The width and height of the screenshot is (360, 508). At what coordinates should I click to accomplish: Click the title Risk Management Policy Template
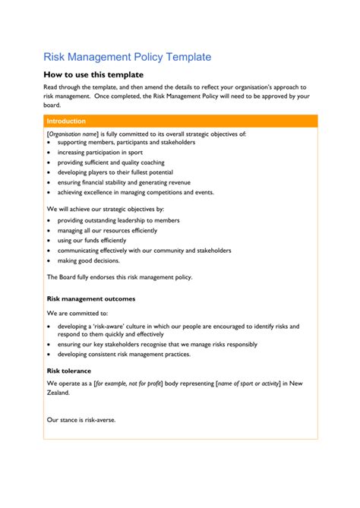click(x=127, y=57)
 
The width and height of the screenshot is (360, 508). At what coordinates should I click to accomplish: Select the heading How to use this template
click(x=93, y=74)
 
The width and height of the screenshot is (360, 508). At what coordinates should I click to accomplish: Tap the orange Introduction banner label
click(x=66, y=121)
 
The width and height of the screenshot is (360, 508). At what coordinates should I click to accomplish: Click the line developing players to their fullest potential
click(x=115, y=172)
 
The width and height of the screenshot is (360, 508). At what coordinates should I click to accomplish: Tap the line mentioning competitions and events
click(x=135, y=192)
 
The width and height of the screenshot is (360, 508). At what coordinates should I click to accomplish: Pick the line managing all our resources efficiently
click(x=107, y=230)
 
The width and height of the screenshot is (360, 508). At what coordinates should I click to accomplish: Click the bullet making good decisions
click(x=88, y=260)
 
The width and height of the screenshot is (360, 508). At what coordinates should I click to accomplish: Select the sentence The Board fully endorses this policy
click(x=119, y=277)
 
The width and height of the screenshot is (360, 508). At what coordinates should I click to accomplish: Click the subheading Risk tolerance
click(x=69, y=371)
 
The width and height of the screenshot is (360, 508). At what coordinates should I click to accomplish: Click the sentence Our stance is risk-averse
click(x=81, y=419)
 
